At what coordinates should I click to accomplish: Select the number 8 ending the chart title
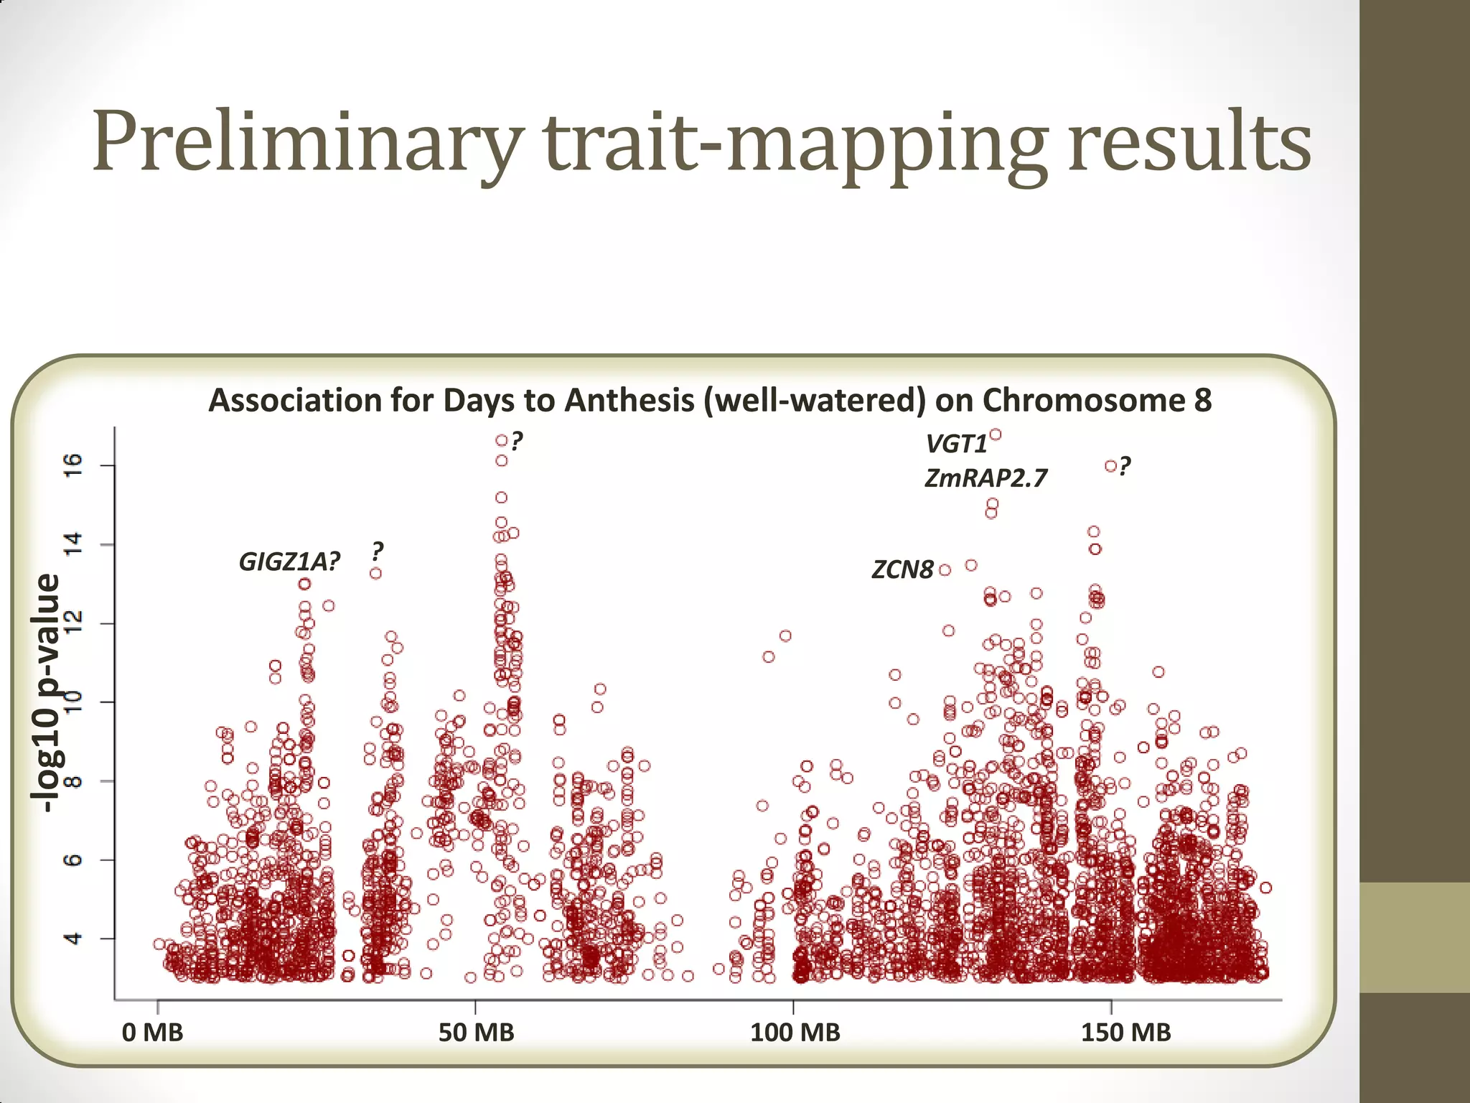click(1203, 400)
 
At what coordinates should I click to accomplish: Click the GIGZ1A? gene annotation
click(289, 562)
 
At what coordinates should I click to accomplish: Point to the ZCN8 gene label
click(902, 570)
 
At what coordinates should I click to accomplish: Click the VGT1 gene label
click(956, 445)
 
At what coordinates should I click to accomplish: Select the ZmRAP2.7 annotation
click(986, 478)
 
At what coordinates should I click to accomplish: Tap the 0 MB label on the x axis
click(152, 1033)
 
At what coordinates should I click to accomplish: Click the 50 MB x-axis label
click(476, 1033)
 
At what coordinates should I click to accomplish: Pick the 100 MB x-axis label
click(795, 1033)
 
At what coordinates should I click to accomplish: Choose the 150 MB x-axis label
click(1125, 1033)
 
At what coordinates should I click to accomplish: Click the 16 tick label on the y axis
click(75, 465)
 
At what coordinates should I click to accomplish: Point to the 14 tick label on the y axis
click(75, 544)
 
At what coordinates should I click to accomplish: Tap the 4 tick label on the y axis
click(75, 938)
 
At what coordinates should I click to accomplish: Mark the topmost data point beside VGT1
click(996, 434)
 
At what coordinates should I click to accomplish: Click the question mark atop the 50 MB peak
click(517, 440)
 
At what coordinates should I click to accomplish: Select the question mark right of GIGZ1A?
click(378, 551)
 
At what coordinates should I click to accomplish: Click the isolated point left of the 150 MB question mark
click(1110, 466)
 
